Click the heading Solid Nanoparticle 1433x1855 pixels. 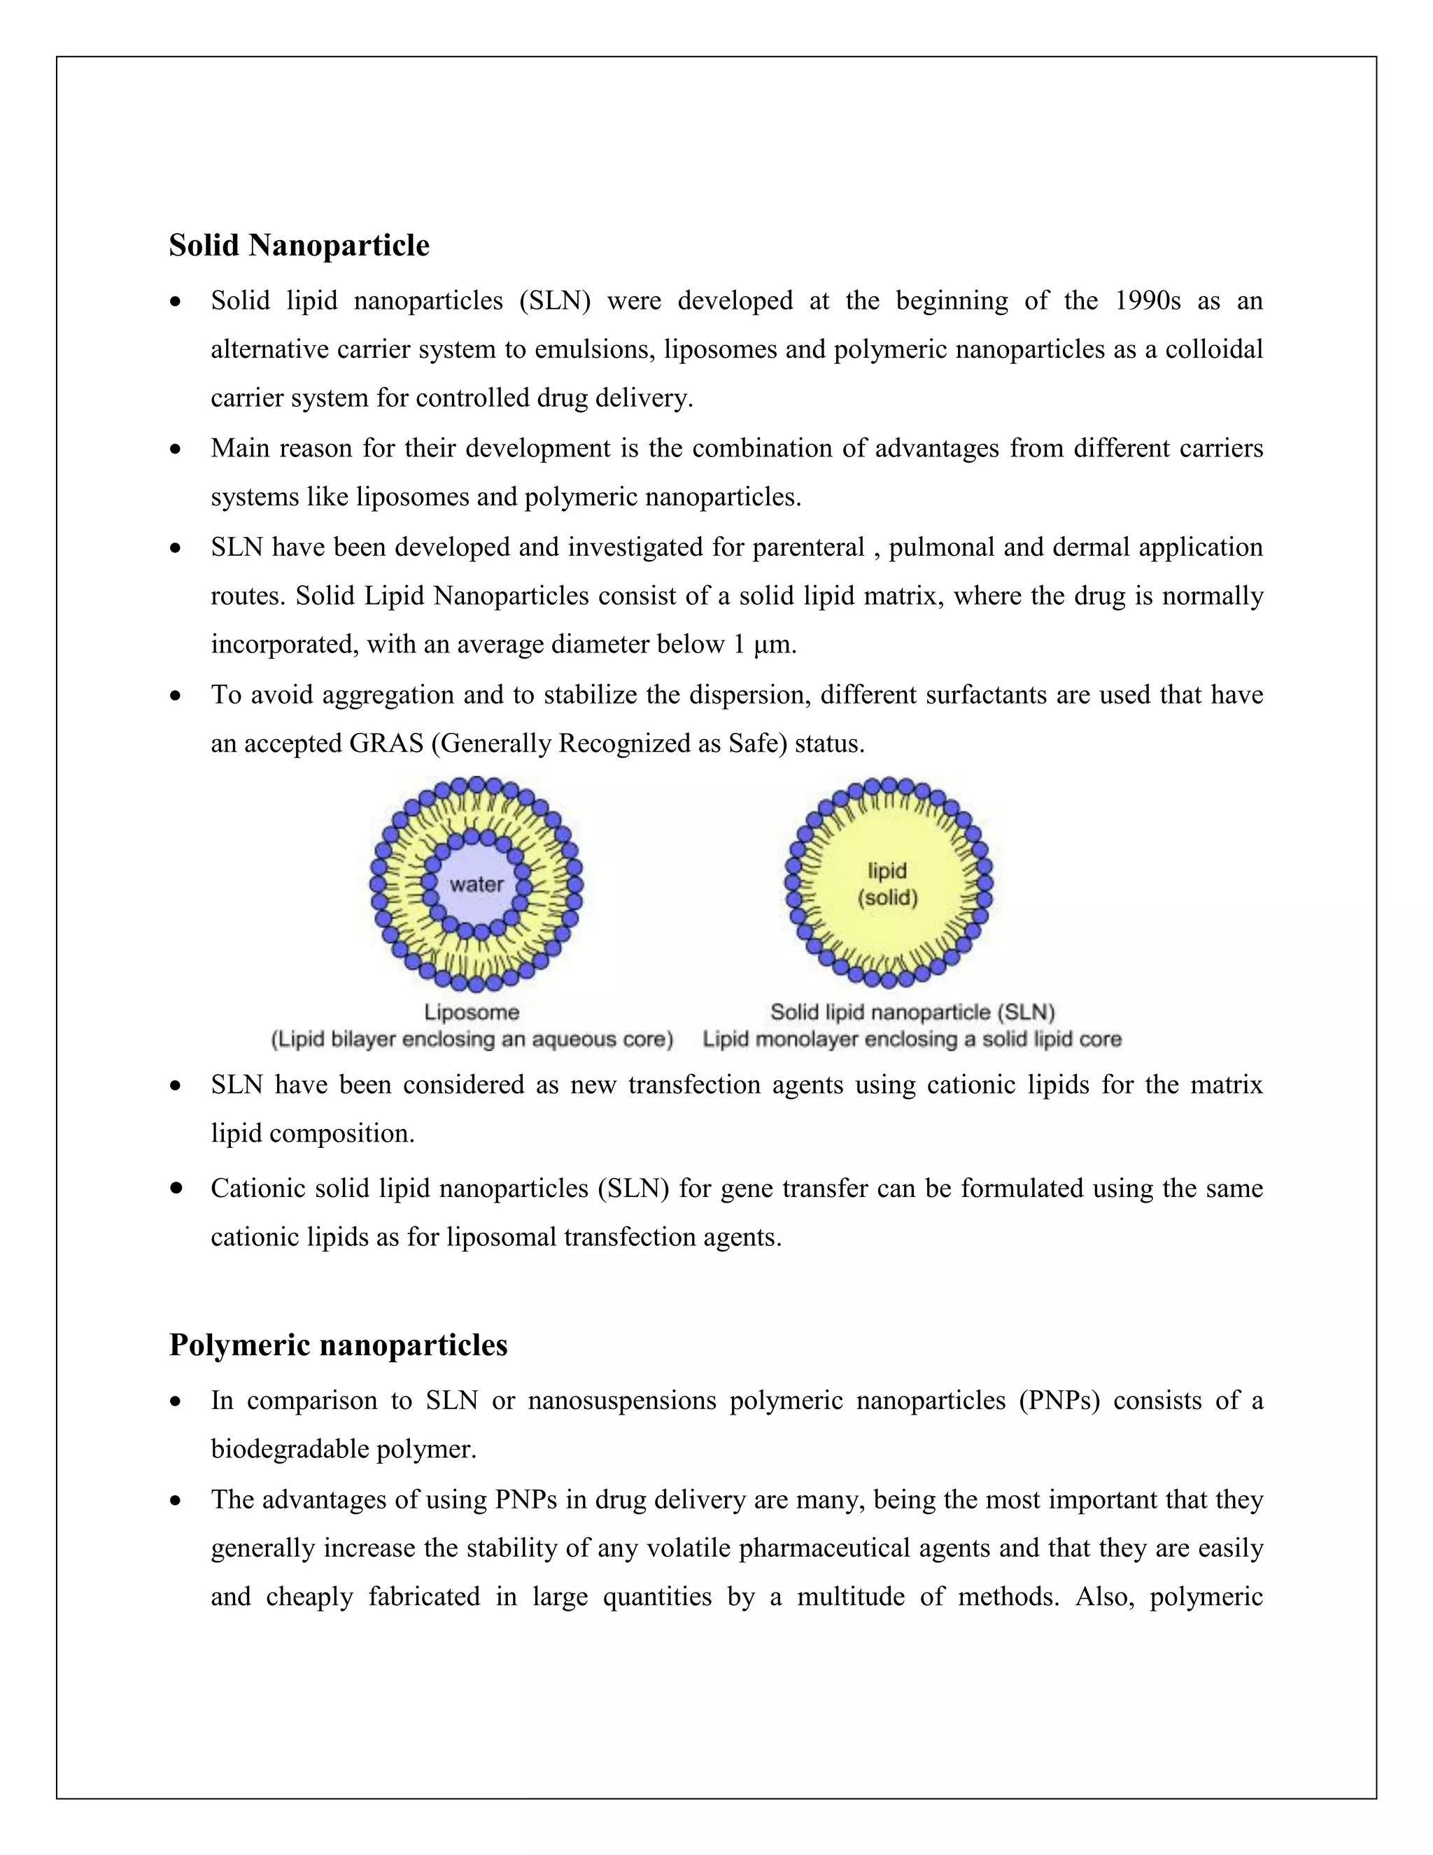click(x=299, y=246)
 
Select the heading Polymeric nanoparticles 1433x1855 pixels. click(x=338, y=1345)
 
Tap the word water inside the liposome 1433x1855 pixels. click(x=477, y=884)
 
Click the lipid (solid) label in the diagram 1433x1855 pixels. click(x=887, y=884)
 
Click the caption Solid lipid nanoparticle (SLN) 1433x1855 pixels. click(x=912, y=1012)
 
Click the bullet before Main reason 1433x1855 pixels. click(x=176, y=449)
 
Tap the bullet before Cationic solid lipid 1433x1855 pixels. click(x=176, y=1189)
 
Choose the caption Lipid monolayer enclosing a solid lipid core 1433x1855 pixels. click(x=912, y=1039)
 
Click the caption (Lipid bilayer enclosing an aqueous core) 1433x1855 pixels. click(x=472, y=1039)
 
